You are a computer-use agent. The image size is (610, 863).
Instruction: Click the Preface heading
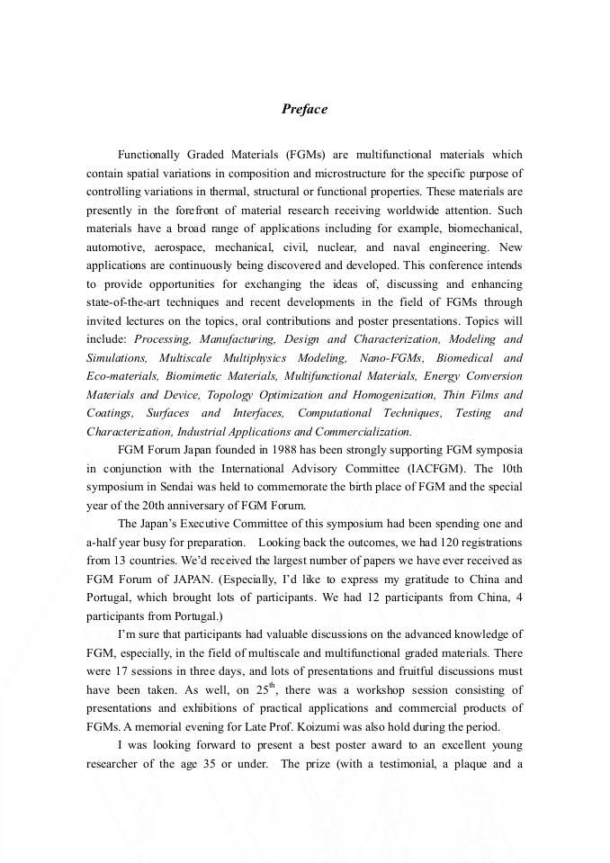pyautogui.click(x=304, y=109)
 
